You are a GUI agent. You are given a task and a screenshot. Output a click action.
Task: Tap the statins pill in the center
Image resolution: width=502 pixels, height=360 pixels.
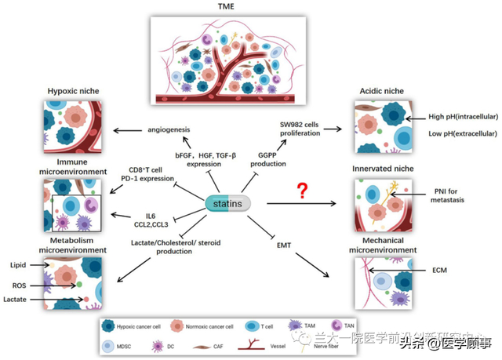227,203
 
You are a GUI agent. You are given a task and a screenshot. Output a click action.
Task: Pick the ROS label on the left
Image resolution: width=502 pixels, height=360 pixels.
19,285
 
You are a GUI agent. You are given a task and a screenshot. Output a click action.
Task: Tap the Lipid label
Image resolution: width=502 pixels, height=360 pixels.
18,266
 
